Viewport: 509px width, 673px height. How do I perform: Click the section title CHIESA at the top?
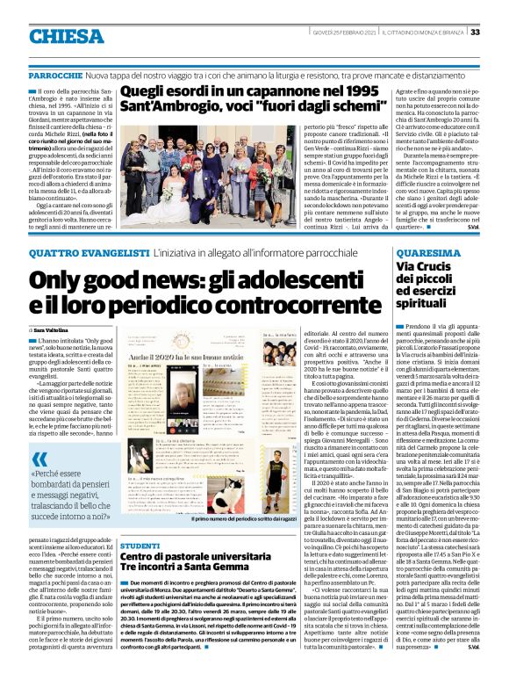[x=66, y=36]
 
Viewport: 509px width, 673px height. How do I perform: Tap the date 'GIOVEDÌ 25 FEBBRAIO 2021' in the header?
[x=344, y=33]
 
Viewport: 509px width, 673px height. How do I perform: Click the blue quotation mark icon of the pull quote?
[x=40, y=460]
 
